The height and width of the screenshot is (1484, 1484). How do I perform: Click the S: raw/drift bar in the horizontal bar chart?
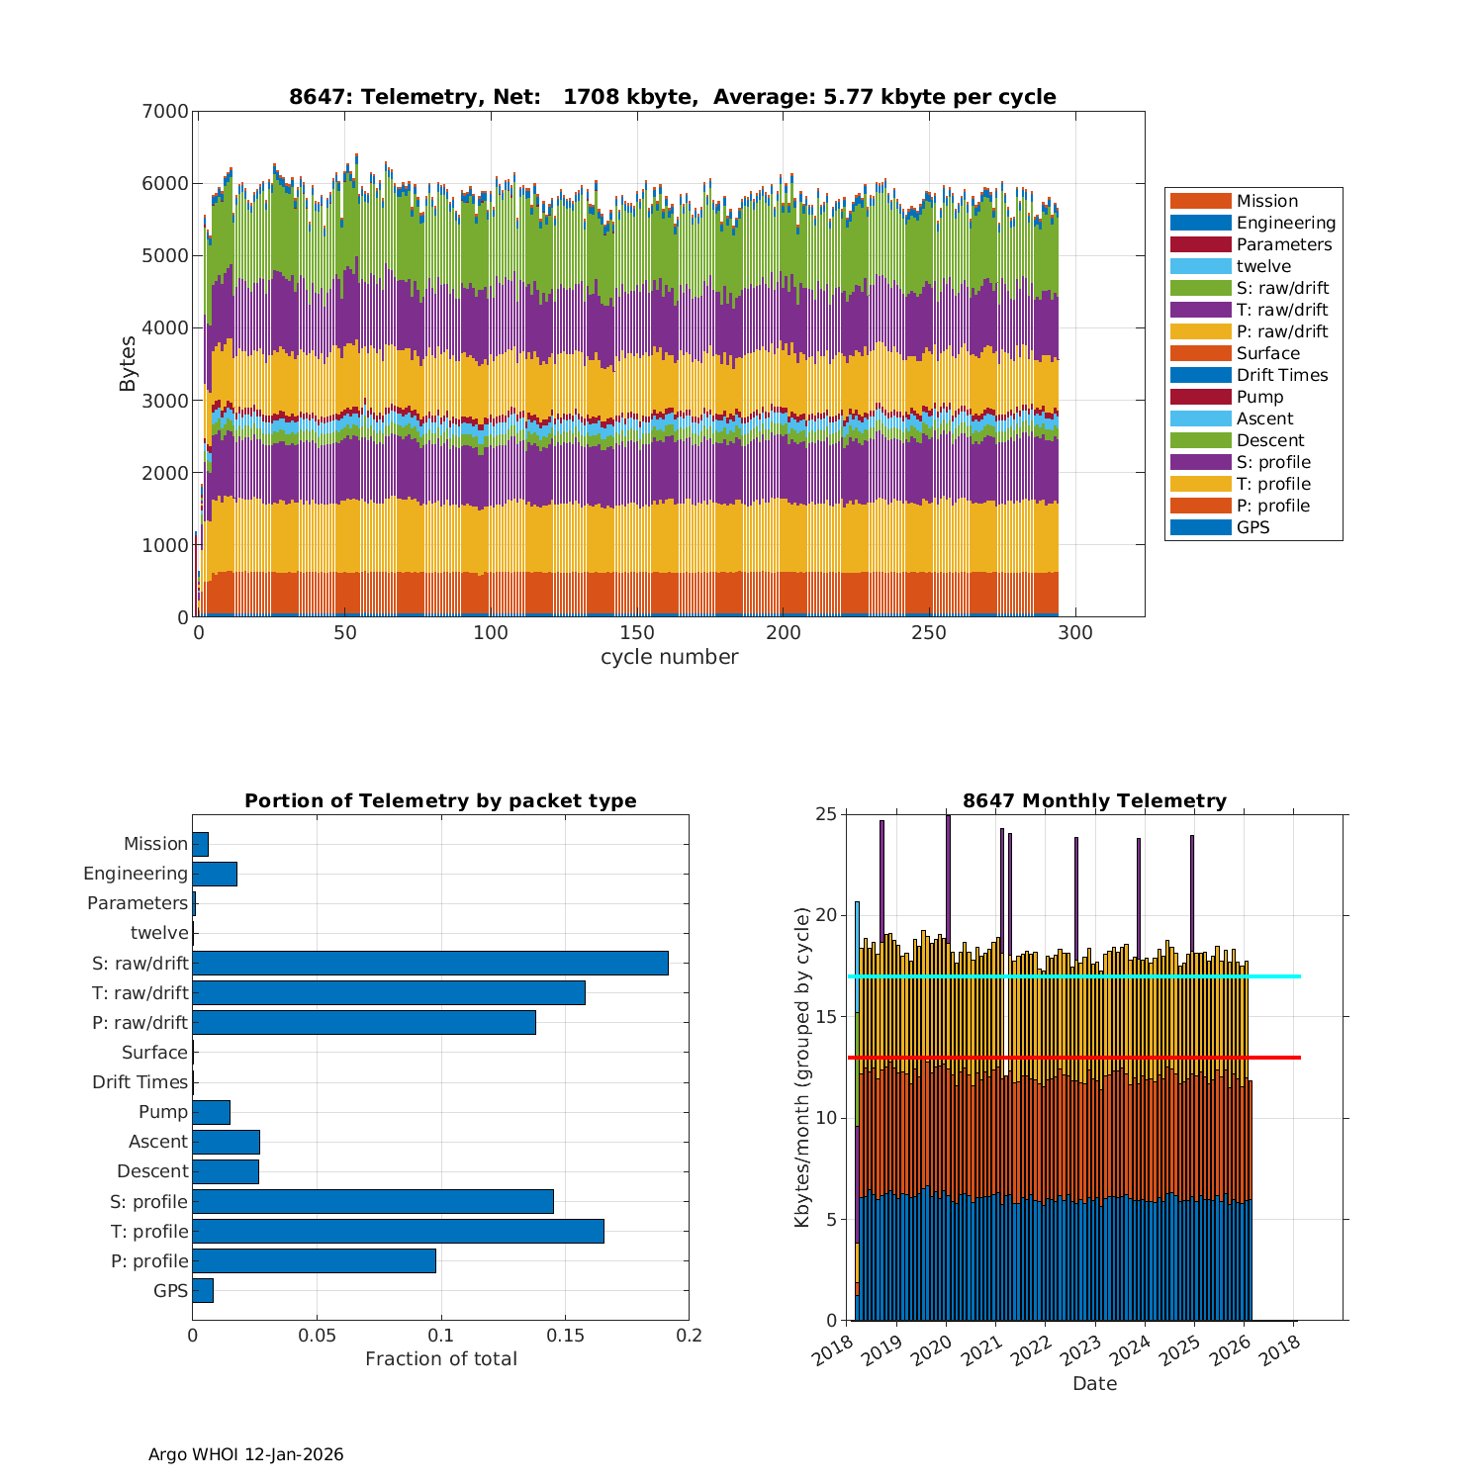430,963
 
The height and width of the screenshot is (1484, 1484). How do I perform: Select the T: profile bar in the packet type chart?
398,1231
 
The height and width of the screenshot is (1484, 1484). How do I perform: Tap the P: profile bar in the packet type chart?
314,1260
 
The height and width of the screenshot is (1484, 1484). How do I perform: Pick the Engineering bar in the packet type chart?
215,874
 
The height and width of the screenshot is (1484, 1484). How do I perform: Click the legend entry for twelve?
1263,266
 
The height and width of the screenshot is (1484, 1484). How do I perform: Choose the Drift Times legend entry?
1281,375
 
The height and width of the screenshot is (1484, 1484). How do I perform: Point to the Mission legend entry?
1266,201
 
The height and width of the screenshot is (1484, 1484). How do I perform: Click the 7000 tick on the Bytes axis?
165,111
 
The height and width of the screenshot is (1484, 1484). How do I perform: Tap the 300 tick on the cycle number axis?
1075,633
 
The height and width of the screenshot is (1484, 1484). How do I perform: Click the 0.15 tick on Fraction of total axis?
565,1336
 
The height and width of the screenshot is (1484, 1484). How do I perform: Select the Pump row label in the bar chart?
163,1111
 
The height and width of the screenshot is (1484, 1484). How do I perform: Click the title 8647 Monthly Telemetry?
1094,800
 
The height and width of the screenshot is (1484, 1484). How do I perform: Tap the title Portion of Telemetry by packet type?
440,800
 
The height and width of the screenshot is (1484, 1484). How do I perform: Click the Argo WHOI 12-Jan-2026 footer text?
245,1454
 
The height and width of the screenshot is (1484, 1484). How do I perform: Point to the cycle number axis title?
669,657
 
